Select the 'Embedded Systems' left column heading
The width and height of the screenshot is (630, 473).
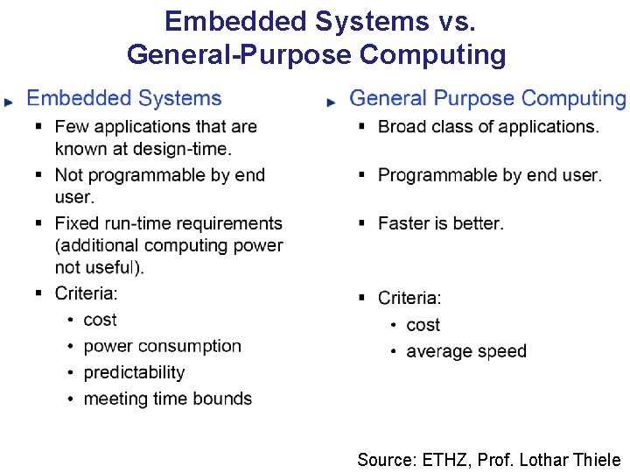tap(124, 99)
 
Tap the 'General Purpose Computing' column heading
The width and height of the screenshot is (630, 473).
tap(487, 99)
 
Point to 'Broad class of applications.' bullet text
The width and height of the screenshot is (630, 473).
tap(488, 127)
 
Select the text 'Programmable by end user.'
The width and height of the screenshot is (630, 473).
tap(490, 175)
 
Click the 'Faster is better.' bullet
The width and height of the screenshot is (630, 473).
tap(441, 223)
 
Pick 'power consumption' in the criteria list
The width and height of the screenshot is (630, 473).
tap(162, 346)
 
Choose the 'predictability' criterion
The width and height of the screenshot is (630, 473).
tap(134, 372)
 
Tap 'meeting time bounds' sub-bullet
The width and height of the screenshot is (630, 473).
tap(167, 399)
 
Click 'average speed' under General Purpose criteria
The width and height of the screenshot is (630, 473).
tap(466, 351)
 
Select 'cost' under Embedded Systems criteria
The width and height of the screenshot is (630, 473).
tap(100, 320)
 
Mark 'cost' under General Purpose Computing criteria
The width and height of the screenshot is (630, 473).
tap(423, 325)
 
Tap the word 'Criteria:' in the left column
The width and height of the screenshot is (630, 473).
tap(86, 293)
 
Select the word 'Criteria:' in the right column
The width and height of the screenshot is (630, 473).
tap(409, 298)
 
